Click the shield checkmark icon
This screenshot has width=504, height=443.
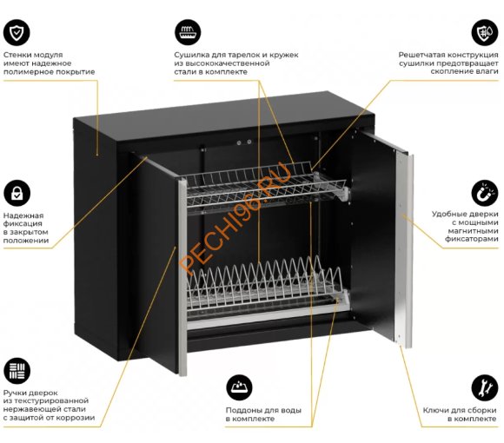click(x=17, y=32)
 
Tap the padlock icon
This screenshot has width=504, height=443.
click(x=17, y=194)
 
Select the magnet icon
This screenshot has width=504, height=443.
click(x=485, y=193)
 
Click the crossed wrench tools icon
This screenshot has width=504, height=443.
click(x=485, y=387)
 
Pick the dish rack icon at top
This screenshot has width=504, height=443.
click(x=188, y=32)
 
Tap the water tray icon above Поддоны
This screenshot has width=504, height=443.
click(x=239, y=387)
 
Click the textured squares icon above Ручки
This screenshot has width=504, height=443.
click(x=17, y=371)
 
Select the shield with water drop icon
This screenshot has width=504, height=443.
click(x=485, y=32)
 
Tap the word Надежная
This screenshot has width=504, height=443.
click(x=23, y=215)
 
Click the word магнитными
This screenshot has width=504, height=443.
click(x=473, y=231)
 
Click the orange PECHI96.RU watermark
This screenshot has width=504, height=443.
click(x=235, y=218)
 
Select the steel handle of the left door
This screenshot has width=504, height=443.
click(x=182, y=277)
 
